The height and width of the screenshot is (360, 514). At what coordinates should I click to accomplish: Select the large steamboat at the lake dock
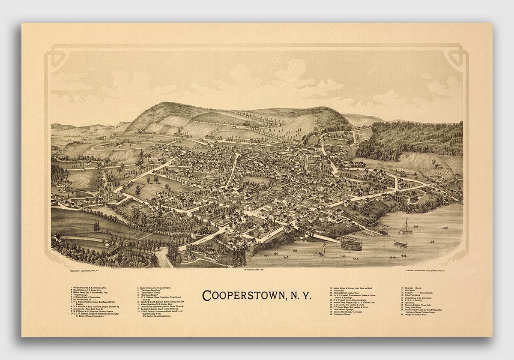[x=351, y=244]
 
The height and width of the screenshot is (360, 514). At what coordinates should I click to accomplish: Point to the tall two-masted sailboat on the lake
[x=406, y=227]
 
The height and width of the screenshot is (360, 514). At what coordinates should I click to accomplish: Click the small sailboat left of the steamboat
[x=322, y=249]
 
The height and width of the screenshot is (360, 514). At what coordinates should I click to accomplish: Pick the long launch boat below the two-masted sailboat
[x=400, y=244]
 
